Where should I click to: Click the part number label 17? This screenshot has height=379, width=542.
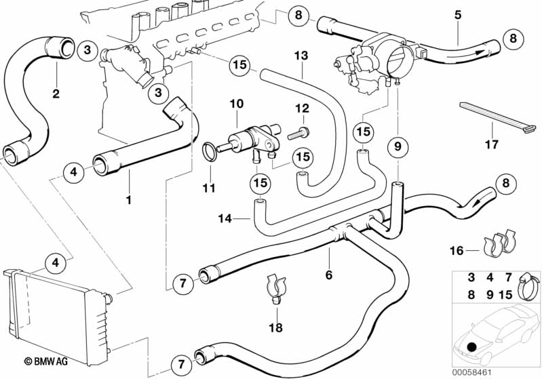point(492,144)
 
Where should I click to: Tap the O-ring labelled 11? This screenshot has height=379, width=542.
point(209,151)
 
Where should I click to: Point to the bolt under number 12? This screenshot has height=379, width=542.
point(298,134)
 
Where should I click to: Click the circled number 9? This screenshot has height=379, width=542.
point(398,146)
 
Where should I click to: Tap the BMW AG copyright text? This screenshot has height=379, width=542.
point(46,361)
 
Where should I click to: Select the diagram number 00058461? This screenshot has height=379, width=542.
point(472,373)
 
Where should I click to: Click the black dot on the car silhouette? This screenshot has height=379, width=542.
point(471,346)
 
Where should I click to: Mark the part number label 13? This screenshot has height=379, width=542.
point(301,56)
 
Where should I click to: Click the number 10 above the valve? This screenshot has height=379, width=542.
point(237,103)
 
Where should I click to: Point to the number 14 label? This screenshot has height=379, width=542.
point(225,219)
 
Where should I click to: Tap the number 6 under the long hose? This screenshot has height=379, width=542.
point(329,275)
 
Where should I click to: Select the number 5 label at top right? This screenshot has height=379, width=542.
point(458,15)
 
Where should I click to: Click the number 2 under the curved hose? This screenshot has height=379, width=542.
point(56,94)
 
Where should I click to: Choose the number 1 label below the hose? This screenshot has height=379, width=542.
point(129,200)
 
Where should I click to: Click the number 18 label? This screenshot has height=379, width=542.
point(275,327)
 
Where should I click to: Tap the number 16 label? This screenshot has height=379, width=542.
point(457,250)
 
